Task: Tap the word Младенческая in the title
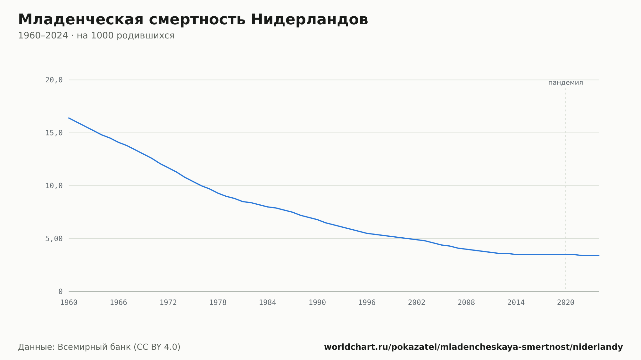coord(81,20)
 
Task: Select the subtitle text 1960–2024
coord(43,36)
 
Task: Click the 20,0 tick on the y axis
coord(54,80)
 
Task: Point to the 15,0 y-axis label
coord(54,133)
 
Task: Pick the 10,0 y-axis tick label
coord(54,186)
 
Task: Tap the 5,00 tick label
coord(54,239)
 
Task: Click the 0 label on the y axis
coord(60,291)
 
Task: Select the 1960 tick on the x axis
coord(69,303)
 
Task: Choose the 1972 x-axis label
coord(168,303)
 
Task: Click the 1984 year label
coord(268,303)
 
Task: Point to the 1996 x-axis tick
coord(367,303)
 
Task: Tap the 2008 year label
coord(466,303)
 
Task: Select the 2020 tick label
coord(566,303)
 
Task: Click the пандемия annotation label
coord(566,83)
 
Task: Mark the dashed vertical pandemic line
coord(566,189)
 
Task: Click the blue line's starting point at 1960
coord(69,118)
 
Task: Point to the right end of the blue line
coord(599,256)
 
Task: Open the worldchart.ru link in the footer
coord(473,347)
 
